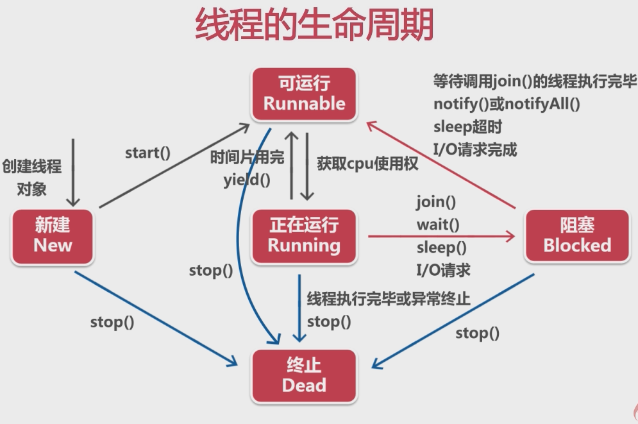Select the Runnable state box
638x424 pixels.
point(304,94)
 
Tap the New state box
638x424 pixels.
point(53,235)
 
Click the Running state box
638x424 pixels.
point(304,235)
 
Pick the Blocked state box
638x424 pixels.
point(577,235)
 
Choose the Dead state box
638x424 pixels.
point(304,376)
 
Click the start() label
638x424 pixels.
point(147,153)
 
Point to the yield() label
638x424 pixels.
point(247,180)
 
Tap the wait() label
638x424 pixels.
point(438,225)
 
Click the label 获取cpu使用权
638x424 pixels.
point(367,164)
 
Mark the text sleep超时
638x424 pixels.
point(467,126)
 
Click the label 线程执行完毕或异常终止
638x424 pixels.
point(389,299)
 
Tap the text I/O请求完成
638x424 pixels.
point(474,149)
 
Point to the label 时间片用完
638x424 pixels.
point(247,157)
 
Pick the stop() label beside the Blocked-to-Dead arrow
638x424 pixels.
point(477,333)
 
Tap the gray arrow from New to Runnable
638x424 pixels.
point(173,166)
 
